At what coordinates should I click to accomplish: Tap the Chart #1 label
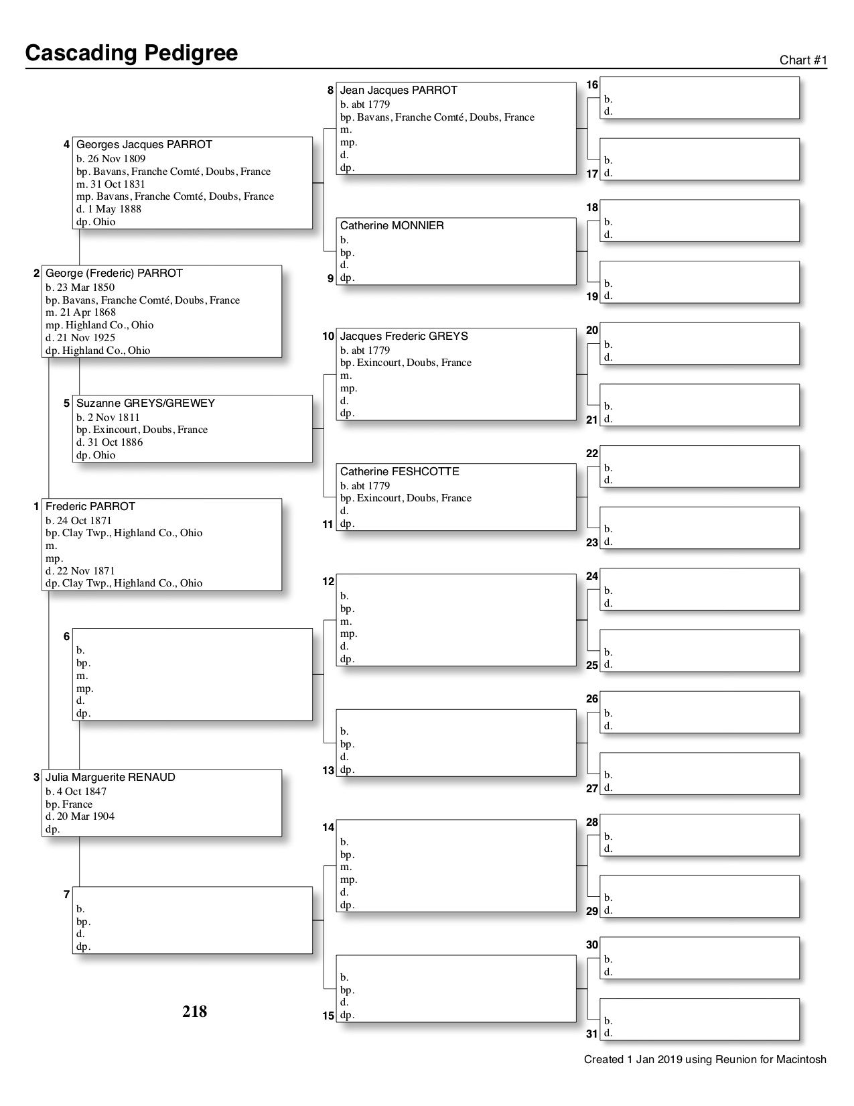click(x=803, y=60)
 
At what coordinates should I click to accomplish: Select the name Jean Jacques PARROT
click(x=399, y=90)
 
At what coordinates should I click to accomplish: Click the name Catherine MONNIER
click(x=392, y=226)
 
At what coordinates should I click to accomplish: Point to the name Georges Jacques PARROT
click(x=144, y=145)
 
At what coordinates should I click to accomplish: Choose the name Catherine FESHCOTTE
click(x=399, y=472)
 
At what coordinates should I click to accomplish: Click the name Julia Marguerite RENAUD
click(x=110, y=778)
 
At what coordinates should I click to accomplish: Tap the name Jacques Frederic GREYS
click(x=404, y=336)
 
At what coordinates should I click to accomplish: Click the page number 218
click(x=194, y=1011)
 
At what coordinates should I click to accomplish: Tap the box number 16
click(x=592, y=85)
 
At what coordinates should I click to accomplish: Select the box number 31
click(x=592, y=1034)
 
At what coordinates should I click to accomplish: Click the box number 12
click(x=328, y=582)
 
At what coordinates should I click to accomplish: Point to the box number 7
click(x=66, y=895)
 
